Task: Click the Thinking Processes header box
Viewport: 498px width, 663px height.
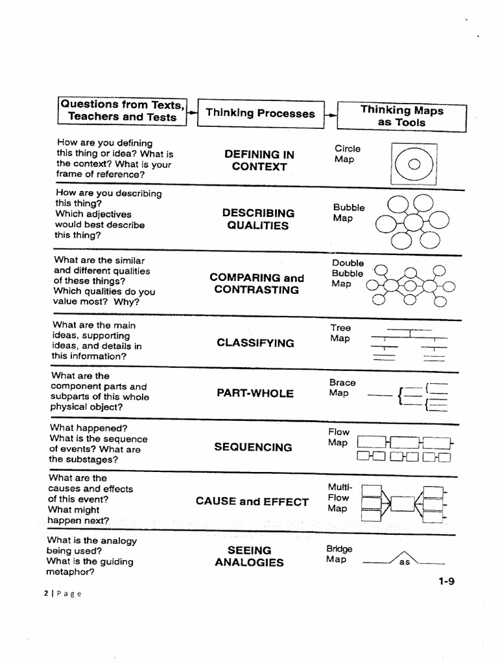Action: click(x=260, y=113)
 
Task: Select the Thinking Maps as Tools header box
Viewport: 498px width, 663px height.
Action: click(x=401, y=117)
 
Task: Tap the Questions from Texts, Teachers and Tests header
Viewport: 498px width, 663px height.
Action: click(x=122, y=111)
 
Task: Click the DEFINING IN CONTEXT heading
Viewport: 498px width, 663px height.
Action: click(x=259, y=161)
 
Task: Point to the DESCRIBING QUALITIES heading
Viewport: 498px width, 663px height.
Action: click(x=258, y=219)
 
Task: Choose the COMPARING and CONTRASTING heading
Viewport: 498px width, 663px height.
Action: click(x=257, y=284)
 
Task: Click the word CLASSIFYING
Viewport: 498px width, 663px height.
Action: click(x=255, y=343)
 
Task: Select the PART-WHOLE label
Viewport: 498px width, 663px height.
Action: click(x=255, y=393)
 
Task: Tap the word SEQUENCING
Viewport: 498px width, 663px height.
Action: click(x=253, y=447)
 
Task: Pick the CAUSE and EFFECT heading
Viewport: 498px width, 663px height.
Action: click(x=252, y=501)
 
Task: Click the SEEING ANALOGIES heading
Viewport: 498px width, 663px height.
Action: click(x=249, y=556)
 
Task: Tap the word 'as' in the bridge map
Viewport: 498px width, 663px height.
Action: click(x=405, y=562)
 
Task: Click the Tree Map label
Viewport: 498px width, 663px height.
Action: click(x=340, y=333)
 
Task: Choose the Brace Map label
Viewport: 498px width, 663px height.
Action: click(x=342, y=388)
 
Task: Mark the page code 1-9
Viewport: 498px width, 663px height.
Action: click(x=446, y=581)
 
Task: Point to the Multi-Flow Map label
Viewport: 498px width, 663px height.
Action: click(x=338, y=497)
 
